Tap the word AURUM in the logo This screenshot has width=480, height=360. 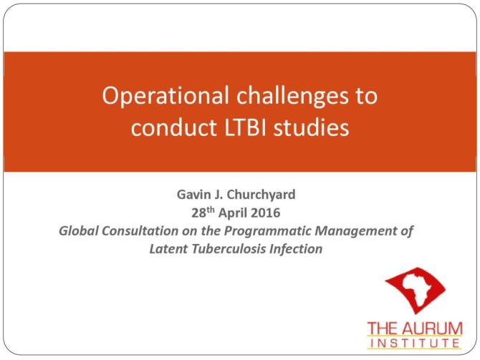point(432,329)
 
